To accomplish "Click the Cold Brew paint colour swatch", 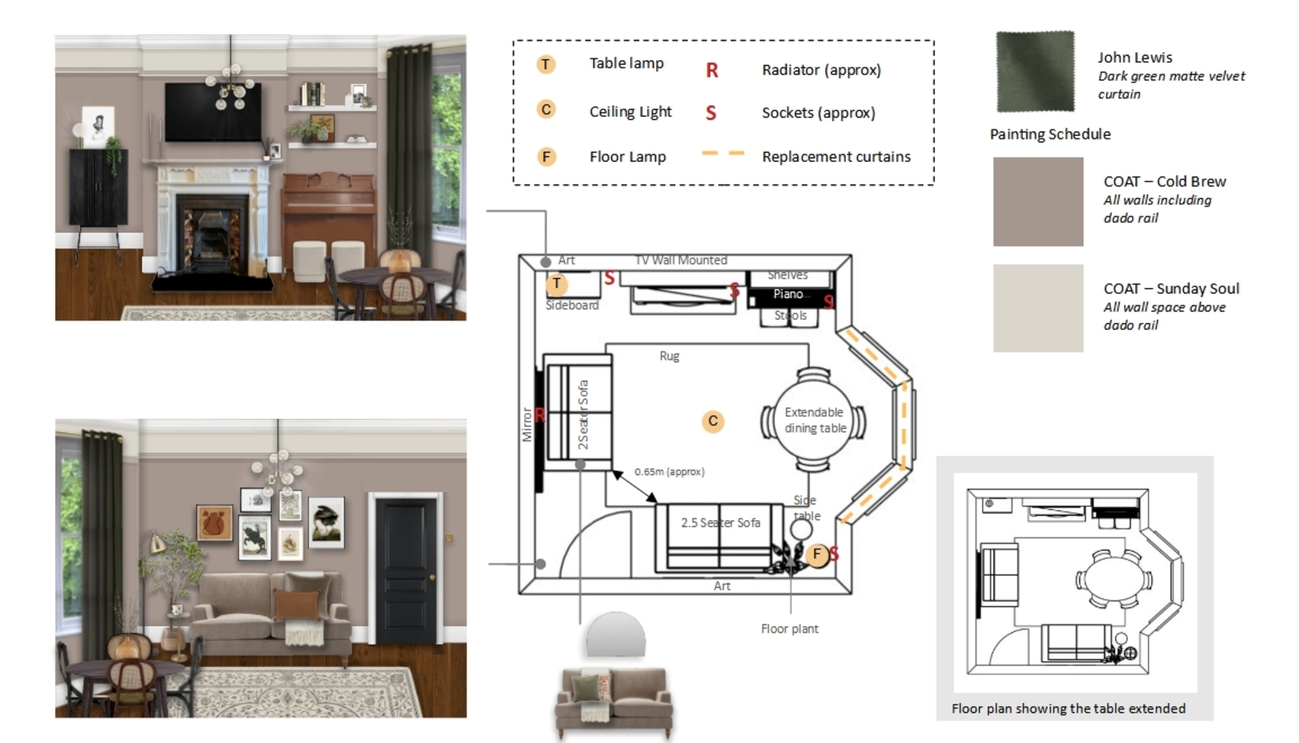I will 1038,202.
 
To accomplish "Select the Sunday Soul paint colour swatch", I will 1038,308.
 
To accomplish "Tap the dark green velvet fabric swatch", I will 1034,71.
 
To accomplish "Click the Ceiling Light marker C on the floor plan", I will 712,421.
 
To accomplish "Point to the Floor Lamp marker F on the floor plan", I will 816,553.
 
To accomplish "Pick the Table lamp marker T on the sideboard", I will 557,284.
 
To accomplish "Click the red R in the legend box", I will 711,70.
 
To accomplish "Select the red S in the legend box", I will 710,113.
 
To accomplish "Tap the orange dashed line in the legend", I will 722,154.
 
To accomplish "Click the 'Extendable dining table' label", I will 814,420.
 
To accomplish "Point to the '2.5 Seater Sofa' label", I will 720,523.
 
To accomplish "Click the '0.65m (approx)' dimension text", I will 670,472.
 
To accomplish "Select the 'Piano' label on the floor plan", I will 787,294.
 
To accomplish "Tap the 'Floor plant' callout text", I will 789,629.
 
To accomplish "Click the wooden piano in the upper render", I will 328,210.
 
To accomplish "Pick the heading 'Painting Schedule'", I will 1050,134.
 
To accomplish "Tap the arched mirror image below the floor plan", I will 615,634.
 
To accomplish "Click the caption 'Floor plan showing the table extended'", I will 1068,709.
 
